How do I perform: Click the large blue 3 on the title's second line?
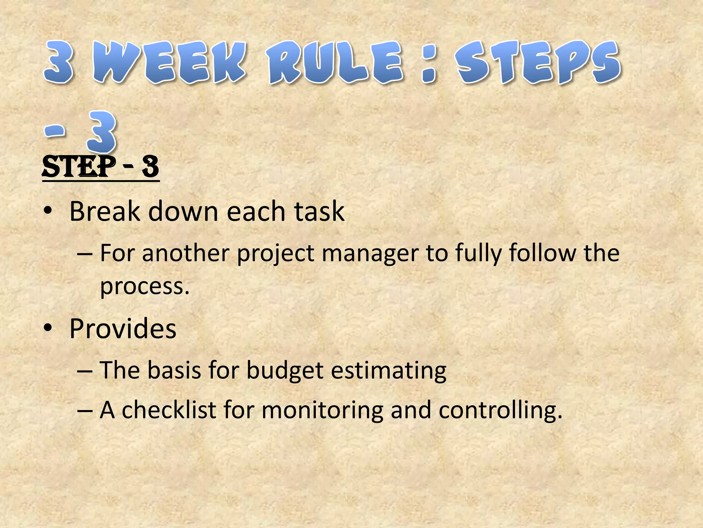click(x=102, y=132)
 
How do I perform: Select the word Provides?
click(x=123, y=329)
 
